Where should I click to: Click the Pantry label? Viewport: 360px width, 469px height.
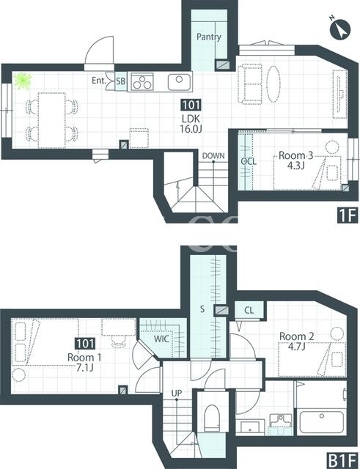pyautogui.click(x=208, y=37)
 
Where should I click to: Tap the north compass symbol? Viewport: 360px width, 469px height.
pyautogui.click(x=339, y=29)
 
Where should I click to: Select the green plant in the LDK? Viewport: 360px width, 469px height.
pyautogui.click(x=23, y=81)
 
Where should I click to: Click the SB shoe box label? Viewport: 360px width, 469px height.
pyautogui.click(x=121, y=81)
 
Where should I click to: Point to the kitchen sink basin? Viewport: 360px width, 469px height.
pyautogui.click(x=179, y=82)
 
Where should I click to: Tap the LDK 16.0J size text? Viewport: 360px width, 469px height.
pyautogui.click(x=191, y=129)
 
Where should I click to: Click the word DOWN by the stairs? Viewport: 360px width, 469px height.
pyautogui.click(x=213, y=155)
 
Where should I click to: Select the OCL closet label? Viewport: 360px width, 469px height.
pyautogui.click(x=249, y=161)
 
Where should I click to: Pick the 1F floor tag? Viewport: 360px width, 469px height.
pyautogui.click(x=348, y=215)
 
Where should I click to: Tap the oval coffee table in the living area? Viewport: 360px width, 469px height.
pyautogui.click(x=273, y=84)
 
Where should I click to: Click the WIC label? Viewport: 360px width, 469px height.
pyautogui.click(x=161, y=339)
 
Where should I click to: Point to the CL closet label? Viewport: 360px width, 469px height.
pyautogui.click(x=249, y=310)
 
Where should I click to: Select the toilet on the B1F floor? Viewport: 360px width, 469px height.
pyautogui.click(x=212, y=418)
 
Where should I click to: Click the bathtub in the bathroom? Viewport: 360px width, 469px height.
pyautogui.click(x=322, y=422)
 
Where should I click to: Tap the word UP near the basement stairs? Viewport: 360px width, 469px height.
pyautogui.click(x=177, y=393)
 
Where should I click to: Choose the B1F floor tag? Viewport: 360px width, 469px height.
pyautogui.click(x=342, y=461)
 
